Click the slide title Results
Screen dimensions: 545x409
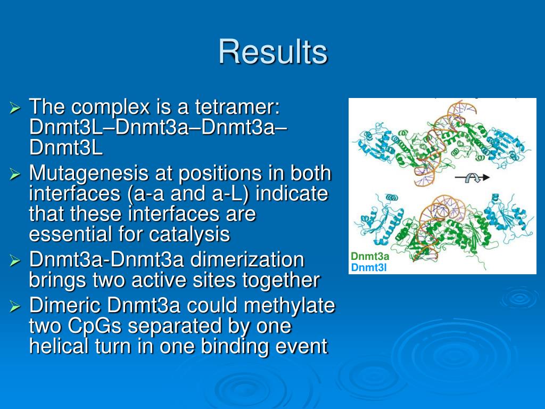[273, 52]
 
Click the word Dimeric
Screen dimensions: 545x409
[65, 305]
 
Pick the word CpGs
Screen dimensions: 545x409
[94, 326]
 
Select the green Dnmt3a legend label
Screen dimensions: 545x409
[370, 257]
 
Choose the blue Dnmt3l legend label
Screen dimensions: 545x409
[369, 267]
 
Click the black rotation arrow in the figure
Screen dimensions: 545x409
[472, 178]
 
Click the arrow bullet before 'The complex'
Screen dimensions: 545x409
[15, 108]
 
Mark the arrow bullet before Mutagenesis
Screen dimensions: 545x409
[15, 174]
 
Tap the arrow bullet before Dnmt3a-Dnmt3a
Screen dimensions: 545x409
[15, 260]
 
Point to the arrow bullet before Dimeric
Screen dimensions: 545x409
[15, 306]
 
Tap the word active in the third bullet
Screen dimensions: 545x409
[159, 280]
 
